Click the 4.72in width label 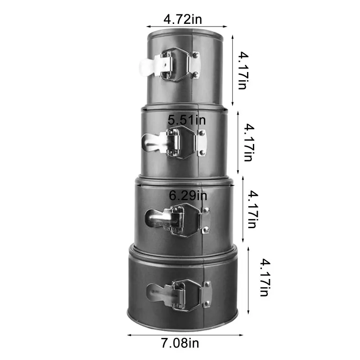[183, 19]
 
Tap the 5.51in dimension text [187, 120]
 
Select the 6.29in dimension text [188, 196]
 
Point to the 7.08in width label [180, 344]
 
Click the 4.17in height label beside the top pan [243, 70]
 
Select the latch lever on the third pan [158, 219]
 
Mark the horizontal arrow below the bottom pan [184, 335]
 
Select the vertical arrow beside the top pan [232, 71]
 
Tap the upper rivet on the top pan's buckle [196, 55]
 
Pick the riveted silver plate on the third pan [206, 220]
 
